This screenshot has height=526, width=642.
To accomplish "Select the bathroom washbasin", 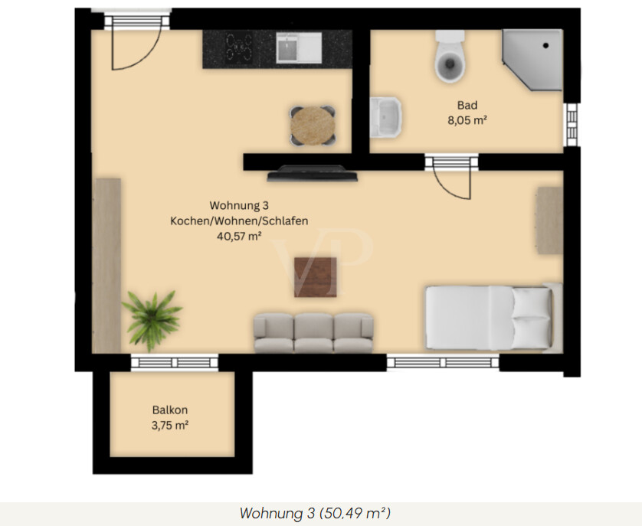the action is coord(385,117).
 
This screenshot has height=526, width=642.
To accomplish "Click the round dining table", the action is coord(313,126).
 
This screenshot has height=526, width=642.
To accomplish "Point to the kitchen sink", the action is coord(299,47).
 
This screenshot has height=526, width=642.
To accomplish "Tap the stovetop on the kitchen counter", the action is coord(239,47).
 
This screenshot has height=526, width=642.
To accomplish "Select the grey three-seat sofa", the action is coord(313,333).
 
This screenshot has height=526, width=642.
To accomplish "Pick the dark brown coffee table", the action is coord(316,277).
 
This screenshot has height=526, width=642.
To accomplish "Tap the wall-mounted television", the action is coord(313,174).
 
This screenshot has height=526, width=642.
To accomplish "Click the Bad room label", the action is coord(467,105).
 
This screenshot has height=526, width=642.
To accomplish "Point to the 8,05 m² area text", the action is coord(467,120).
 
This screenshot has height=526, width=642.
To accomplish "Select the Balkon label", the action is coord(170,410).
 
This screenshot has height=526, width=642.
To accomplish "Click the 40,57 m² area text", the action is coord(239,236).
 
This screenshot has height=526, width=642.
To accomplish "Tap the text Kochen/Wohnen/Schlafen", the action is coord(239,221).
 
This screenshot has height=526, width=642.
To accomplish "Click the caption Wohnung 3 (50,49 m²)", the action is coord(315,513).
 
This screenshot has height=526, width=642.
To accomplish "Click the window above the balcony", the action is coord(175,362).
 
